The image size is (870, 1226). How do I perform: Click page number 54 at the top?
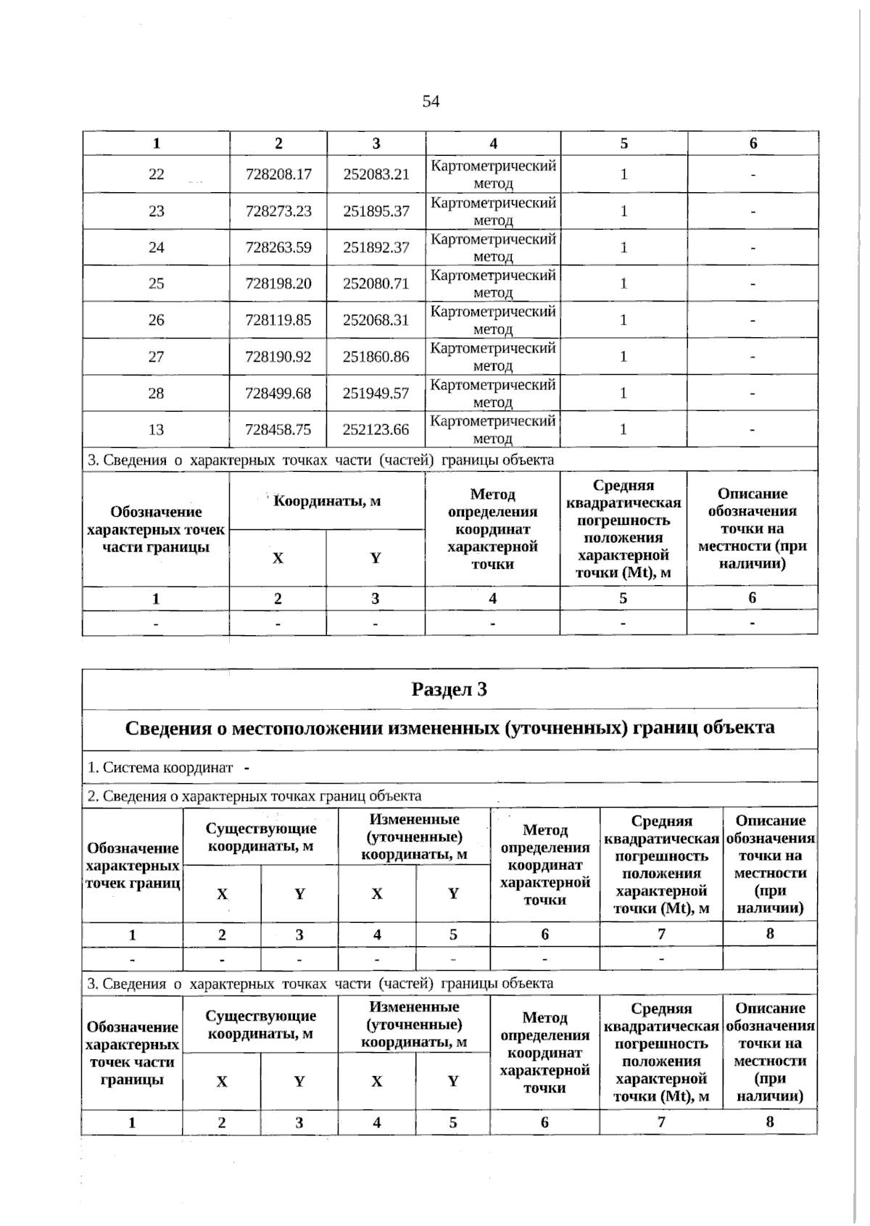pos(431,102)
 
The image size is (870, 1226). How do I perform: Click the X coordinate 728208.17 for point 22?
pos(278,174)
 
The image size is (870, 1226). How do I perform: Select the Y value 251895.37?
pos(376,211)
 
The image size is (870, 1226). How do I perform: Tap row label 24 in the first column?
pos(157,247)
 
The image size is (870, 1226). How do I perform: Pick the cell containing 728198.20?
pos(278,283)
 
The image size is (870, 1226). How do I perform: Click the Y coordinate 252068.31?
pos(376,320)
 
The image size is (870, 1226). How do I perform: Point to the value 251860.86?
pos(376,357)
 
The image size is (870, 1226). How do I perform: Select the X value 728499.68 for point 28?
pos(278,393)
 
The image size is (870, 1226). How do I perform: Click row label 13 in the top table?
pos(157,429)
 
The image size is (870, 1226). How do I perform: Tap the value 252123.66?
pos(376,429)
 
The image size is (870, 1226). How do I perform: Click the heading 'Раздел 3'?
pos(449,689)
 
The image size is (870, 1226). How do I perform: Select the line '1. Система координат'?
pos(161,767)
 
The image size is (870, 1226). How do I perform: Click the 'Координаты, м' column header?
pos(327,501)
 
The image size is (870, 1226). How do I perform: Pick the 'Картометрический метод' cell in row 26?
pos(493,320)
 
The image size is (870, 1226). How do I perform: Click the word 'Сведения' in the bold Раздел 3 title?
pos(169,727)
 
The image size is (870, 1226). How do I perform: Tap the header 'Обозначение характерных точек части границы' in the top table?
pos(156,529)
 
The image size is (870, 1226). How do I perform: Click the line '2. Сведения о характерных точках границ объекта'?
pos(254,796)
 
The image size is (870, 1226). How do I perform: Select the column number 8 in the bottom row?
pos(770,1122)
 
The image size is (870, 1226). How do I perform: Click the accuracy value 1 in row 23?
pos(623,211)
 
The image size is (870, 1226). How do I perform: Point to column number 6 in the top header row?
pos(753,144)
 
